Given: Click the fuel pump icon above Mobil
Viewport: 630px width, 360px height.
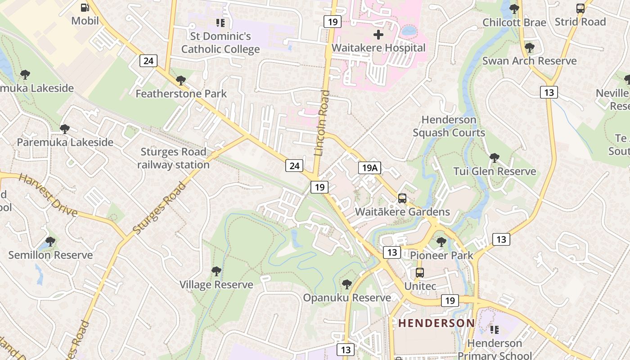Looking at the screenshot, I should coord(85,7).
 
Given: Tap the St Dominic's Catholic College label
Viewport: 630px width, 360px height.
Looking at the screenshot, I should coord(220,42).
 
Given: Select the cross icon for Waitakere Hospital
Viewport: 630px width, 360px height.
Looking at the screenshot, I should coord(378,34).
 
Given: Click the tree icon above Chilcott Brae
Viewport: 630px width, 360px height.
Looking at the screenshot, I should coord(514,9).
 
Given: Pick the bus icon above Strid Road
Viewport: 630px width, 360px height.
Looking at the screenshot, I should coord(580,8).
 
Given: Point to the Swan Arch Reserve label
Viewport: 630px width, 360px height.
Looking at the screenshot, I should coord(529,61).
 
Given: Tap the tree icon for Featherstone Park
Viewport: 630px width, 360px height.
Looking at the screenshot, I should coord(181,81).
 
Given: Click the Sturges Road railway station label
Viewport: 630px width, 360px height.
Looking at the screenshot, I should coord(173,158).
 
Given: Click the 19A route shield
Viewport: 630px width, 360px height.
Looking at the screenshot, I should coord(369,168).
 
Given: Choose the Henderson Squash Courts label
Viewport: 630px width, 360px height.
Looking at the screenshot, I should coord(449,126).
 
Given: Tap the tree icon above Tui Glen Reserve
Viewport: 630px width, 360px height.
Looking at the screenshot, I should coord(495,157).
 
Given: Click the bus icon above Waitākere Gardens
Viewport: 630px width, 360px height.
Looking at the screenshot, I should coord(402,198).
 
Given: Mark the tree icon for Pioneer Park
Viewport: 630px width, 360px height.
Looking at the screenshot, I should coord(441,242).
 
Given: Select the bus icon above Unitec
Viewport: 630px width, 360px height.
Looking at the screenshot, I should coord(420,272).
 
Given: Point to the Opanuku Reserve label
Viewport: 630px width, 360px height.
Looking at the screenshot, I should coord(346,298).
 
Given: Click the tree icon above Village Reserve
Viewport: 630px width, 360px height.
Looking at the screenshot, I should coord(216,271).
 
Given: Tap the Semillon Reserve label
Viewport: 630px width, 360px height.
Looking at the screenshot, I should coord(50,255).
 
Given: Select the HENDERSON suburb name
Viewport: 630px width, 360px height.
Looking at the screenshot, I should coord(436,323).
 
